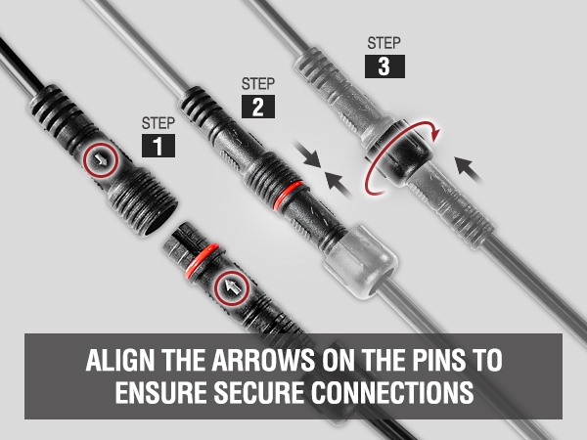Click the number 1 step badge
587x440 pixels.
click(x=158, y=146)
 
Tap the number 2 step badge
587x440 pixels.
click(x=258, y=107)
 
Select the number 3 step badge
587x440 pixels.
click(x=384, y=66)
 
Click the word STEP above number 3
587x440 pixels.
click(x=384, y=43)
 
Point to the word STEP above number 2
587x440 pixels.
click(x=258, y=83)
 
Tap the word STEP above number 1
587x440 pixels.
click(x=158, y=123)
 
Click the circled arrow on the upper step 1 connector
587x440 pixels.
click(x=101, y=160)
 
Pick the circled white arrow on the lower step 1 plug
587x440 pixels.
click(x=232, y=288)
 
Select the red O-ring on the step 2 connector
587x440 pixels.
click(x=288, y=195)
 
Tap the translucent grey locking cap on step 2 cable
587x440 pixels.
click(x=360, y=261)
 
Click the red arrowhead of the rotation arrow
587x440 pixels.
click(x=435, y=134)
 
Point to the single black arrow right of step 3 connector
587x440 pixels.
click(x=469, y=170)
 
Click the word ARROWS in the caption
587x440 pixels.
click(x=263, y=360)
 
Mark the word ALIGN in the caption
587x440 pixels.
click(x=119, y=360)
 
